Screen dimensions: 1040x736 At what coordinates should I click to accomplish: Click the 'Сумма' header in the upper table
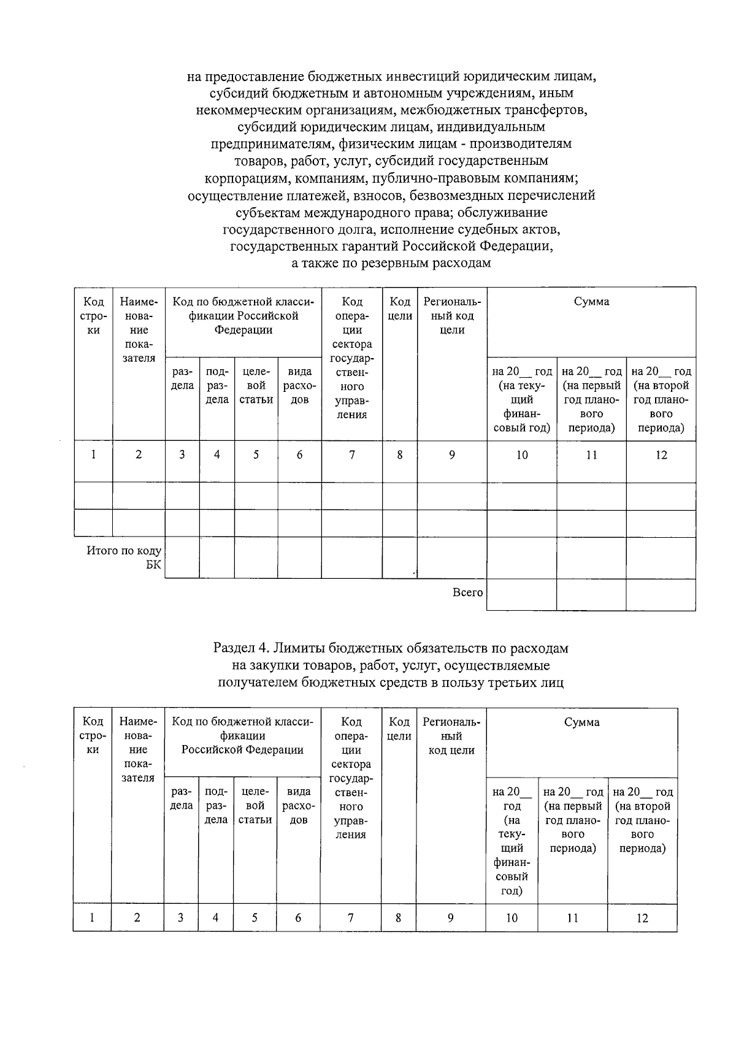591,302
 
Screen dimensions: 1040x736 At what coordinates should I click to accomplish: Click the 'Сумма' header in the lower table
581,722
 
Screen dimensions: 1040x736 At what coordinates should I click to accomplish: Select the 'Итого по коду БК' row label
124,557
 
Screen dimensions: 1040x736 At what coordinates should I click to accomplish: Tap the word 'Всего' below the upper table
467,592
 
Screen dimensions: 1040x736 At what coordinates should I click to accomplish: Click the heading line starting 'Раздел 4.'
391,648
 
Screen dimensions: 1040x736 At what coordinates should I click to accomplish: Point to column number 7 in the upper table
352,455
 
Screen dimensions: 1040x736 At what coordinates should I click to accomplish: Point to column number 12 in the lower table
642,918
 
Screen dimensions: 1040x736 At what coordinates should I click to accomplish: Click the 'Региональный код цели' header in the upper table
452,316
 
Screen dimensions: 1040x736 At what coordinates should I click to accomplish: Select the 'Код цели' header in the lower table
399,729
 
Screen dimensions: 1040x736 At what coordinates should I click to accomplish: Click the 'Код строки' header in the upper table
93,316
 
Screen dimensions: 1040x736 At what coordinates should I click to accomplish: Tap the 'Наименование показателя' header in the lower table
138,750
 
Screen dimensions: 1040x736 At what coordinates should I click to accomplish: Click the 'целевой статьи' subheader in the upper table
256,386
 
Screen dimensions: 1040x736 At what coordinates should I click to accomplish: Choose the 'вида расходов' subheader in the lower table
298,806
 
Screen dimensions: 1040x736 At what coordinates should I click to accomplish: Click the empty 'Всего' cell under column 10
521,594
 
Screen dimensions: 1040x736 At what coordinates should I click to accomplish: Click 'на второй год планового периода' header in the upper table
661,399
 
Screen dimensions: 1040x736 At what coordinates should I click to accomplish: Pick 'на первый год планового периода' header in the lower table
573,820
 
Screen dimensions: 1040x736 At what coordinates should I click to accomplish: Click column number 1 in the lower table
92,918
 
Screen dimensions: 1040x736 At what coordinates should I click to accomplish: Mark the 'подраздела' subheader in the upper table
217,386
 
